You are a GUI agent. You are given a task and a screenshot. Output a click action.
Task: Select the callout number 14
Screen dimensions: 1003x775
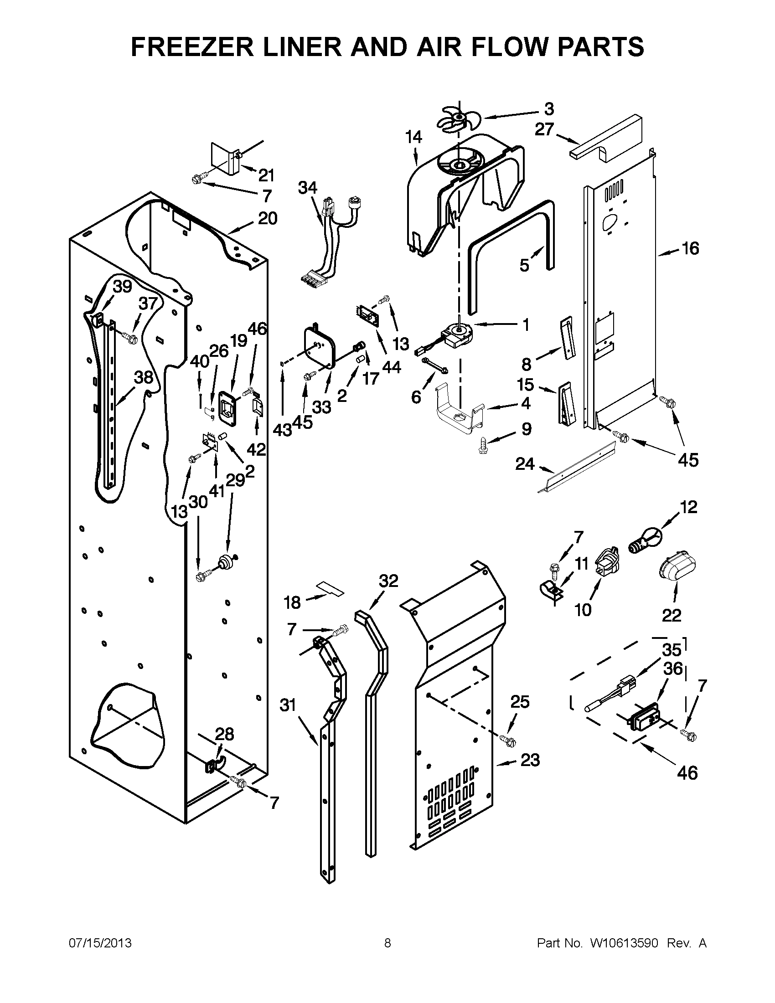pyautogui.click(x=413, y=137)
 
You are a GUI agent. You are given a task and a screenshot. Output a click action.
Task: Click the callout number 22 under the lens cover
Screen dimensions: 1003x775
pyautogui.click(x=671, y=615)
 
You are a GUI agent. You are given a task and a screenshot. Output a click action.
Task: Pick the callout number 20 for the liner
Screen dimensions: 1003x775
pyautogui.click(x=267, y=218)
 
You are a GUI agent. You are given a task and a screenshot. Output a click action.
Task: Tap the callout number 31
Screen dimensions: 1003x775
pyautogui.click(x=288, y=705)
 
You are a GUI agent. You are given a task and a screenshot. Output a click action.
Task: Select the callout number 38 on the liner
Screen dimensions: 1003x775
pyautogui.click(x=143, y=377)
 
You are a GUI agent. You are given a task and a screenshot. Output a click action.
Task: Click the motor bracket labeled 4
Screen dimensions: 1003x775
pyautogui.click(x=460, y=411)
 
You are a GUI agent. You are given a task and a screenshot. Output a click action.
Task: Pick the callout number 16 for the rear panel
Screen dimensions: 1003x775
pyautogui.click(x=689, y=248)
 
